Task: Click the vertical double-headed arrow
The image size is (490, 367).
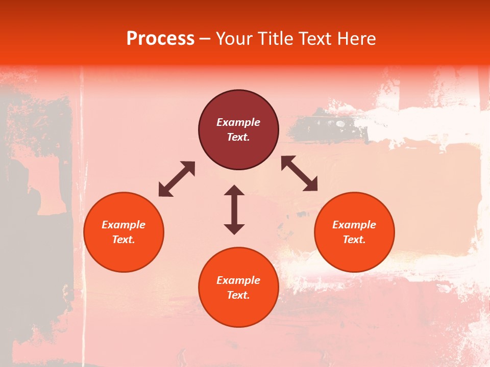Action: [x=234, y=209]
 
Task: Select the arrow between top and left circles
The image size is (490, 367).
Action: [x=177, y=179]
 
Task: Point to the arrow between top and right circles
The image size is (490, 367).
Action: [x=299, y=173]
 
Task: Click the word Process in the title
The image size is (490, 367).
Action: [x=160, y=39]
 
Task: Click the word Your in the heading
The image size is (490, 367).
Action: [x=235, y=39]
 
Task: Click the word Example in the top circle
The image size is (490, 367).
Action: [x=238, y=122]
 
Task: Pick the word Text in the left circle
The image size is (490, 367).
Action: [x=124, y=240]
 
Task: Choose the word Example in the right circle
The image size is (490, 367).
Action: [x=354, y=225]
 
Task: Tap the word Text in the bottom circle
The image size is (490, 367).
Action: [x=238, y=295]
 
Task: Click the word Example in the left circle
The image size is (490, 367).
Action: [x=124, y=225]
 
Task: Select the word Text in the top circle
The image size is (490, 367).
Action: [x=238, y=137]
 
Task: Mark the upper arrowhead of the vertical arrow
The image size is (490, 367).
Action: [x=234, y=191]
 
